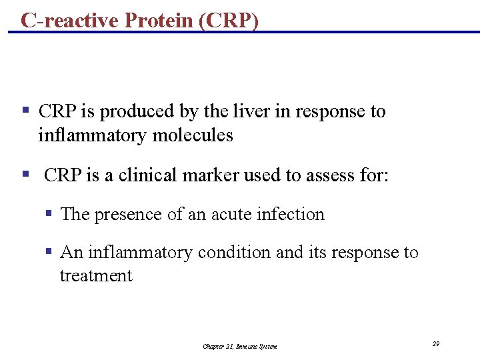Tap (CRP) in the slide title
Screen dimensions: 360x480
(x=228, y=21)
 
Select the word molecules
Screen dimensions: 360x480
(x=193, y=135)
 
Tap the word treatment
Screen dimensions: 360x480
(x=96, y=276)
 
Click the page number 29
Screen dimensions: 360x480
(x=435, y=343)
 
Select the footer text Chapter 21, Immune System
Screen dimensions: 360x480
(x=239, y=346)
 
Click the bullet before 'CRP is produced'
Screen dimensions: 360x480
(x=25, y=110)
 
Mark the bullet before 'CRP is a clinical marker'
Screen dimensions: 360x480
(x=25, y=174)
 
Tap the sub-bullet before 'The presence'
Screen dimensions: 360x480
(x=49, y=214)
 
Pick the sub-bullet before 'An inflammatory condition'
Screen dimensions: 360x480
(x=49, y=252)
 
